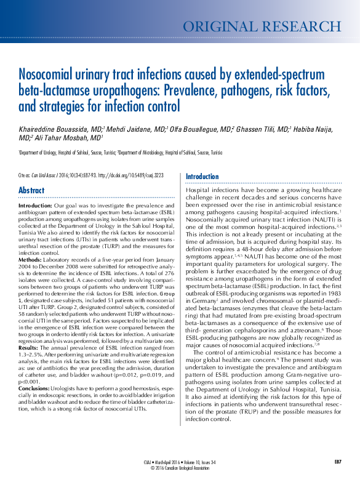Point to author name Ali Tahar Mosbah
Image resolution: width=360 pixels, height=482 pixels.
(x=64, y=139)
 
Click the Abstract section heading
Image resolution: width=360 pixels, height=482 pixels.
(x=31, y=190)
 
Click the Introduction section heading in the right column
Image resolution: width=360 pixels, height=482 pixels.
(x=202, y=177)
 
